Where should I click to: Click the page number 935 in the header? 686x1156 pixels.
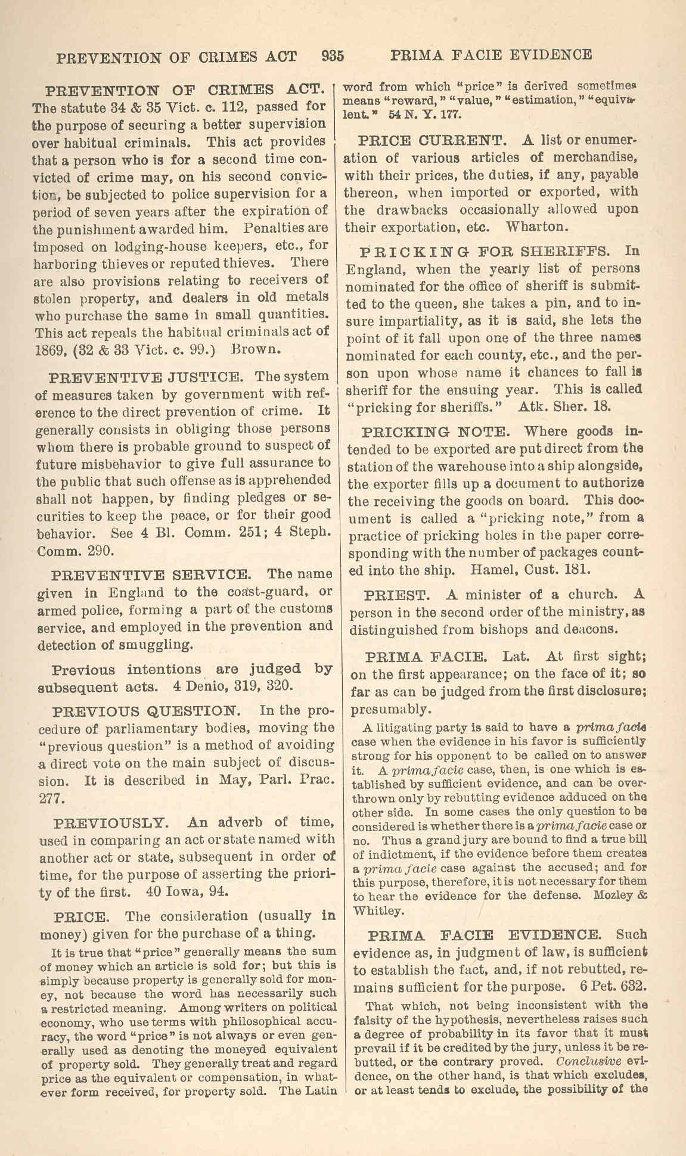click(x=332, y=56)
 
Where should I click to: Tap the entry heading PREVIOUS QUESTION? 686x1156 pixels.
click(x=147, y=711)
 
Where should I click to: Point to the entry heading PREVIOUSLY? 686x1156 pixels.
click(x=112, y=823)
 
